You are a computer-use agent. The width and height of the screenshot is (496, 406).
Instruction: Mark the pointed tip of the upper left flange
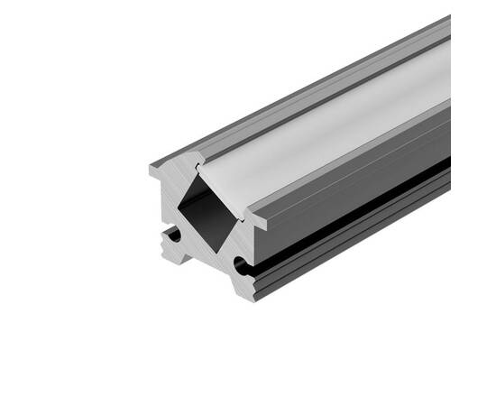click(x=151, y=169)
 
